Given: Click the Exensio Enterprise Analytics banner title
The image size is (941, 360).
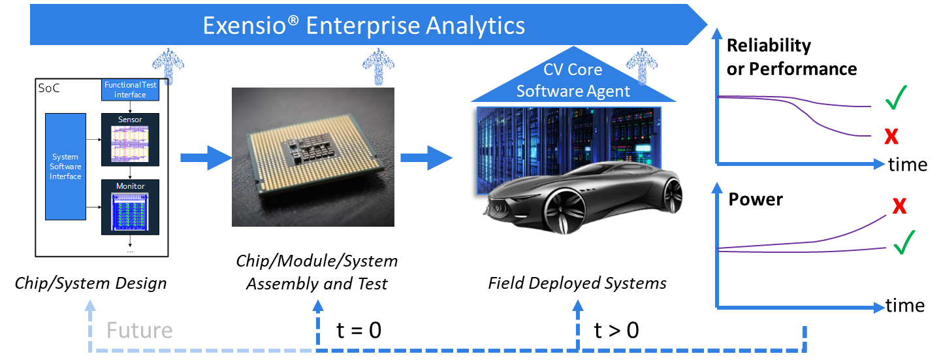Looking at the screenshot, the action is (364, 25).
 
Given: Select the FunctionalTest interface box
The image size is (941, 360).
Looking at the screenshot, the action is (130, 90).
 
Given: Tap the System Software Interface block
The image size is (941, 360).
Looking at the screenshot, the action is (65, 167).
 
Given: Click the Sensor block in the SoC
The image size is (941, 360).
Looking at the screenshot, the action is (130, 139).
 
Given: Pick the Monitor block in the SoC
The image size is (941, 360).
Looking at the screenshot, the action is (130, 207).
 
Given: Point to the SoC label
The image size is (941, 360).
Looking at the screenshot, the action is (49, 88).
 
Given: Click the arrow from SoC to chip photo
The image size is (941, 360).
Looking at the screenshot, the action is (206, 158).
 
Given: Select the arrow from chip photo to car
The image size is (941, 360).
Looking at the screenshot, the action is (426, 158).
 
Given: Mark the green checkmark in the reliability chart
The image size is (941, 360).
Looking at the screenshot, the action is (896, 97).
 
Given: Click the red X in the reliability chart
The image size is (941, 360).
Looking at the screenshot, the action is (891, 137).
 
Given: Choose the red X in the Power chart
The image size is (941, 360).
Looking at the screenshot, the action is (899, 206).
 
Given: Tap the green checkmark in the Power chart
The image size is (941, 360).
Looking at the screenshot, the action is (904, 242).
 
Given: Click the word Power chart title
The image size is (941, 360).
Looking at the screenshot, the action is (756, 199).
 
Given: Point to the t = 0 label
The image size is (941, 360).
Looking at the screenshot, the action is (359, 330).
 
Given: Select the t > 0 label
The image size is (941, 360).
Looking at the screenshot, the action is (616, 330).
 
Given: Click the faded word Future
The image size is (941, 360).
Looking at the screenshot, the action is (140, 330).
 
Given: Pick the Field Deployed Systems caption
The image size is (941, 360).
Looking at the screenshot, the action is (577, 283).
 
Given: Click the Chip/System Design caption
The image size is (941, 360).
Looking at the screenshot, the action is (91, 284).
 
